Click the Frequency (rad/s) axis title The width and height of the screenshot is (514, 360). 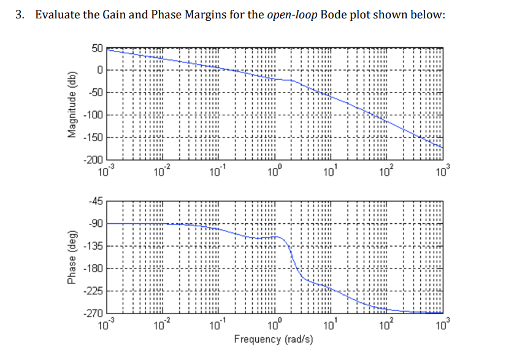pyautogui.click(x=273, y=339)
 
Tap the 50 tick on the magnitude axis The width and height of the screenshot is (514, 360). pyautogui.click(x=98, y=48)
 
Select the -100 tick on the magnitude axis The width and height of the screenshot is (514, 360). pyautogui.click(x=95, y=115)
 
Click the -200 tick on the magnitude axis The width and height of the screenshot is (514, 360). pyautogui.click(x=95, y=159)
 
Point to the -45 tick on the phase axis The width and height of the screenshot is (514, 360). pyautogui.click(x=96, y=201)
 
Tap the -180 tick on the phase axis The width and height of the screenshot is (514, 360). pyautogui.click(x=95, y=269)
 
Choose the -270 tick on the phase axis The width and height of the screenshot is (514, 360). pyautogui.click(x=95, y=313)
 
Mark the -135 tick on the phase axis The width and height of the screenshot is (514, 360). pyautogui.click(x=95, y=247)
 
